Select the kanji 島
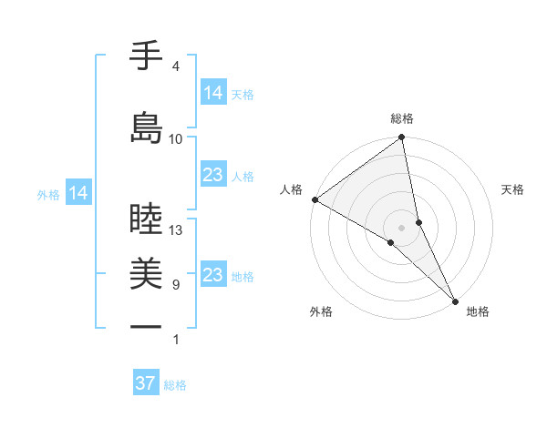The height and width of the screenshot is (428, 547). click(147, 127)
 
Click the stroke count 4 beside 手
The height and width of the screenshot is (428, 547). click(175, 66)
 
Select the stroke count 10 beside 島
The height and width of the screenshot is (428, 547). click(176, 139)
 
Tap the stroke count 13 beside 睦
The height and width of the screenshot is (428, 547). click(176, 230)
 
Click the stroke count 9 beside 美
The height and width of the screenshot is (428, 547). click(175, 285)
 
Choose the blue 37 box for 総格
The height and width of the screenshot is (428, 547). click(146, 383)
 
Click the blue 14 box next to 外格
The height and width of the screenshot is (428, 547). click(78, 193)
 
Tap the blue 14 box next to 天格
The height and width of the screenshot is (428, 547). click(213, 93)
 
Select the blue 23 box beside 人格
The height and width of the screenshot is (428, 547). click(213, 175)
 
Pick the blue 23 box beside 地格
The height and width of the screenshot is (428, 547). click(213, 275)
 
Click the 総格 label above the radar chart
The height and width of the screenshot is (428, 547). click(402, 118)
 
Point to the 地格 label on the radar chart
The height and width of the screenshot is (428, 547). click(478, 312)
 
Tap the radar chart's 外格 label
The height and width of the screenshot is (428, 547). click(321, 312)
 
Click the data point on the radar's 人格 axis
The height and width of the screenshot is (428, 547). click(314, 199)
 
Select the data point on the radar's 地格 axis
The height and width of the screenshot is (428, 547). click(455, 300)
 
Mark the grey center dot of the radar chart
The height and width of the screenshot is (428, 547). click(402, 227)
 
